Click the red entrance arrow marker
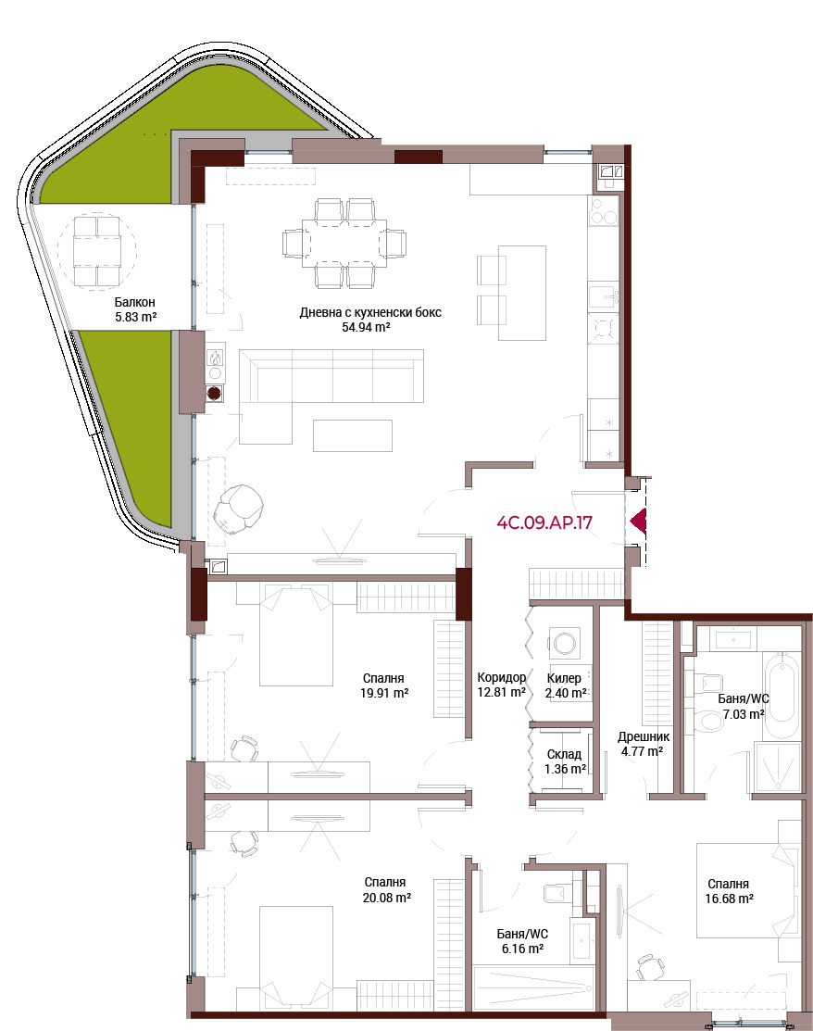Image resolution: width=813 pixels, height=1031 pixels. tap(639, 522)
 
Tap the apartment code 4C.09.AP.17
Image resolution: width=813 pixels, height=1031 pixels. tap(544, 522)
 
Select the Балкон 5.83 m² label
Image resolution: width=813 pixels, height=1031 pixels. tap(135, 309)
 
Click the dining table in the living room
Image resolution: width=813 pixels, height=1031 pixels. tap(344, 244)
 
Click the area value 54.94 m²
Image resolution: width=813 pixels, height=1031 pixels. tap(366, 327)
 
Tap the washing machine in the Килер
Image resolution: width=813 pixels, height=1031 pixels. tap(565, 642)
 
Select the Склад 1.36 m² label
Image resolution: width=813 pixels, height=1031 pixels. tap(565, 761)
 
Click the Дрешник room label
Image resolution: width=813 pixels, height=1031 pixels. tap(644, 737)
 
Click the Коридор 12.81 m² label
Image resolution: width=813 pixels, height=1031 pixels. tap(502, 685)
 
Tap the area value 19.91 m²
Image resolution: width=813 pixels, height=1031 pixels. tap(384, 692)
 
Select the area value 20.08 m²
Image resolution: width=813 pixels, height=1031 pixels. tap(387, 897)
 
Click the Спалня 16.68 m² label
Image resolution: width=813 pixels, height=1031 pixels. tap(729, 891)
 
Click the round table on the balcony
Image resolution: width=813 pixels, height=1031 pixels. tap(97, 250)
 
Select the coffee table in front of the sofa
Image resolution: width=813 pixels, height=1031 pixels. tap(352, 435)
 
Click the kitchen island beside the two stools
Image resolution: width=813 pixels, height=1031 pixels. tap(522, 293)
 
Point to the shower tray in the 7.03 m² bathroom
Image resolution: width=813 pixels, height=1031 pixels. tap(777, 767)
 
